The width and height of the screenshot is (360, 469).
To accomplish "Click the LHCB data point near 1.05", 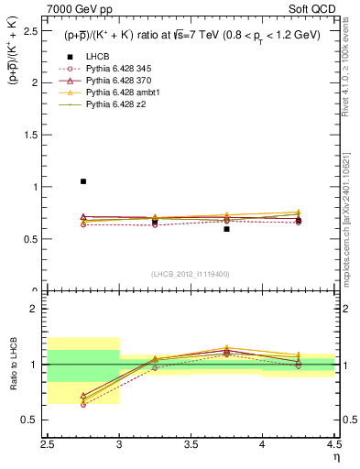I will coord(83,181).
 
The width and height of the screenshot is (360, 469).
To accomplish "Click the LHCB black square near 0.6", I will coord(226,229).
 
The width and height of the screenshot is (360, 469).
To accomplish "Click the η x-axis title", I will coord(336,456).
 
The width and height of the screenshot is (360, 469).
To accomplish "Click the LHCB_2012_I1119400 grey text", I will coord(191,274).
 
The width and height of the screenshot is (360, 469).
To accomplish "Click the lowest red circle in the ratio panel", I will coord(83,404).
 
